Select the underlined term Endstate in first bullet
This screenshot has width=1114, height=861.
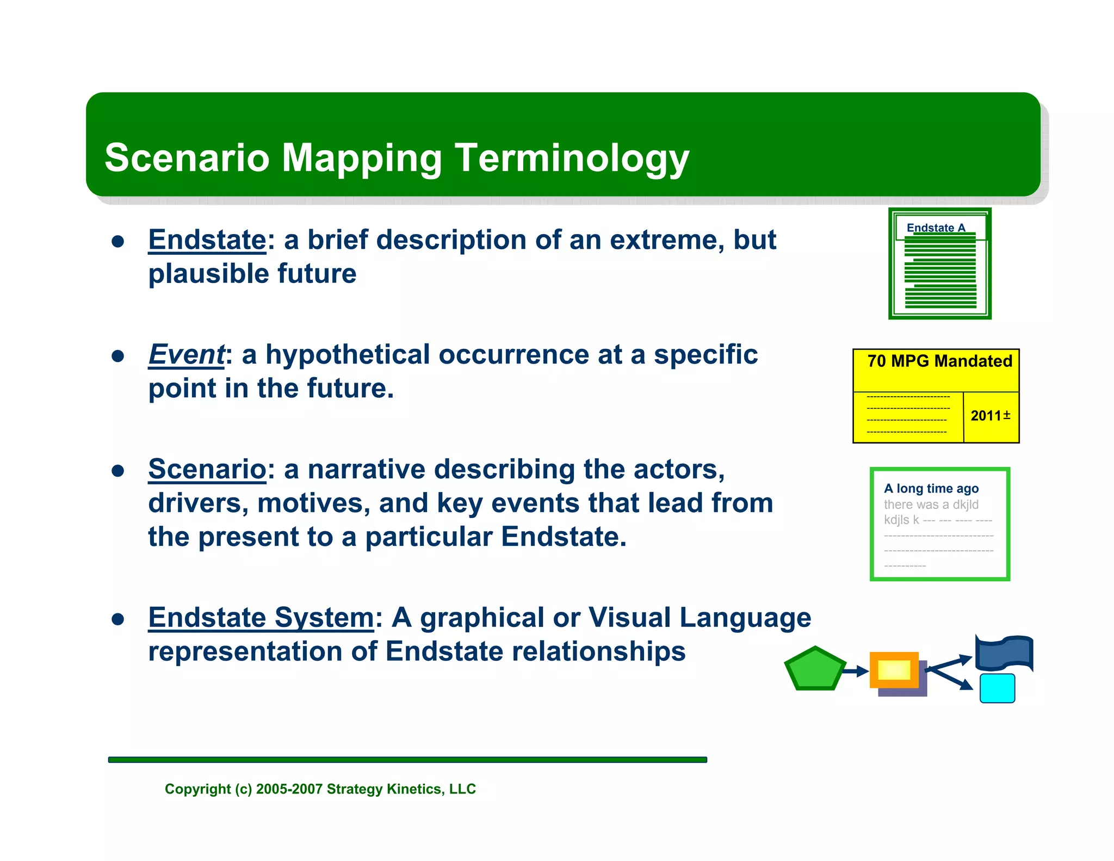pos(207,240)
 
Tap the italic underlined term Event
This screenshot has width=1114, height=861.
pos(186,355)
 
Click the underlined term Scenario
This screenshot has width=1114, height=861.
pos(207,469)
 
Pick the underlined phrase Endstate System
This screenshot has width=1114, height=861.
pos(261,618)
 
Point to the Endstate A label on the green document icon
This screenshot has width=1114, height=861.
pos(936,227)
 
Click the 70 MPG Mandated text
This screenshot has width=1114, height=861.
pos(939,361)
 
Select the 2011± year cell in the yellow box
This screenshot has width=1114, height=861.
pos(991,416)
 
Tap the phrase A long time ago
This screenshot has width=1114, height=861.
pos(931,488)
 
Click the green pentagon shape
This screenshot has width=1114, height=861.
pos(814,669)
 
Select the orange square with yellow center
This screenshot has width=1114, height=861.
pos(894,670)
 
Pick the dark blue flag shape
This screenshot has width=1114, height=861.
pos(1003,653)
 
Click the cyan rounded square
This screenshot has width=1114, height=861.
pos(997,688)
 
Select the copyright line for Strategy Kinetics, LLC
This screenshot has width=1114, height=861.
pos(320,789)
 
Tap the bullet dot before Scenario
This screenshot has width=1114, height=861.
pos(118,471)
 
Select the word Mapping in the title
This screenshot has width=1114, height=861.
pos(362,158)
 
